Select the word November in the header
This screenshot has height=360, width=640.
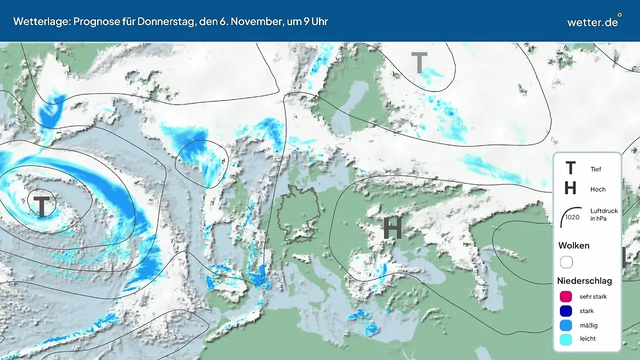point(255,21)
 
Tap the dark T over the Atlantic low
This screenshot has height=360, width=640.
point(41,206)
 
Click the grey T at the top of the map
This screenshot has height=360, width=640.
point(419,63)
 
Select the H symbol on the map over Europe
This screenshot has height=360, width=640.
point(393,228)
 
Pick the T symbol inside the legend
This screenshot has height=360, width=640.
point(570,169)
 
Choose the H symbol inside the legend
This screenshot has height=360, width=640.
point(570,188)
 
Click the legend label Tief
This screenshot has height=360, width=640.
point(596,169)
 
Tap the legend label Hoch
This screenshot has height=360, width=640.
point(598,189)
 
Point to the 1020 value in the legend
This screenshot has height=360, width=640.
point(572,217)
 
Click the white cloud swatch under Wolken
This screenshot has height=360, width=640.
point(566,262)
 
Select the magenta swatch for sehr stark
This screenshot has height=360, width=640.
point(566,297)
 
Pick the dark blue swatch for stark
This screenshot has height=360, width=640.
point(566,310)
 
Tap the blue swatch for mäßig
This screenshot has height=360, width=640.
point(566,325)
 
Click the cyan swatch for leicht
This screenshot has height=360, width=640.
point(566,339)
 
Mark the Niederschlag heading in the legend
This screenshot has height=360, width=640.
point(585,281)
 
